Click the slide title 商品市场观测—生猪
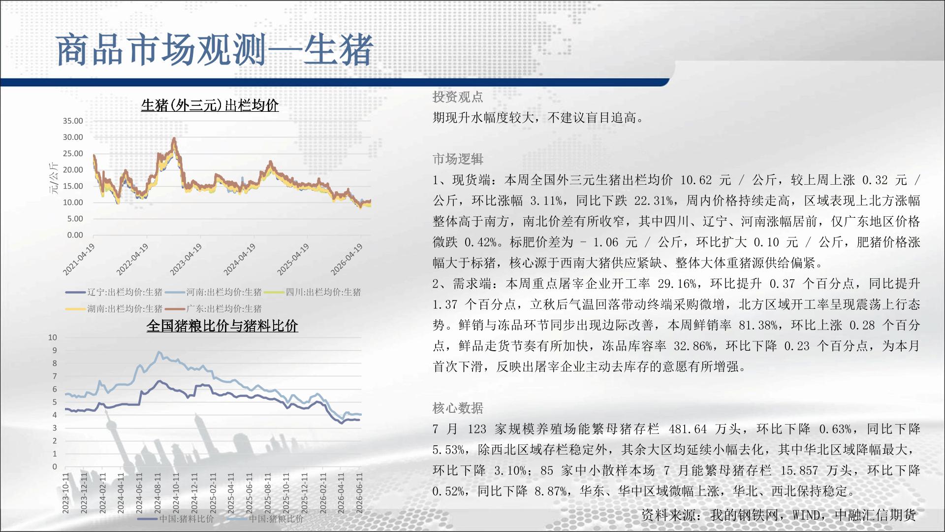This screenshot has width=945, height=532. [x=215, y=50]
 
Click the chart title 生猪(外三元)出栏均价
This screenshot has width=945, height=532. [x=210, y=105]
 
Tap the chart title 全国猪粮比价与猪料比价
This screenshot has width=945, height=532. [x=222, y=326]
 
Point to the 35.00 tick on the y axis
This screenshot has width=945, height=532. [x=73, y=121]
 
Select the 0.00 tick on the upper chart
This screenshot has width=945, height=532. [x=75, y=235]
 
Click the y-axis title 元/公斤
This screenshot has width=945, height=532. [x=54, y=178]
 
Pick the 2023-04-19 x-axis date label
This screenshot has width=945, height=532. [x=186, y=260]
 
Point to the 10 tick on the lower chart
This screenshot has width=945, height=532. [x=53, y=337]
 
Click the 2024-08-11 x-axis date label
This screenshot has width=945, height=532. [x=157, y=494]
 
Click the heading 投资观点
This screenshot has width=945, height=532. [x=458, y=97]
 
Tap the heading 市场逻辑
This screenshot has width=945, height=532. [x=458, y=159]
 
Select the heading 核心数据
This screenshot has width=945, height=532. [x=458, y=408]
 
